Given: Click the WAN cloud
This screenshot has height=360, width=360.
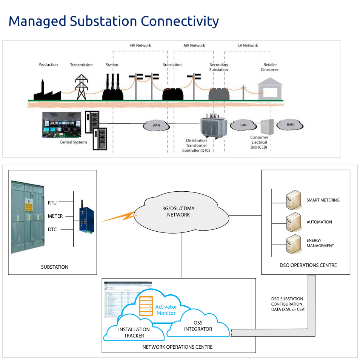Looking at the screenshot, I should (156, 125).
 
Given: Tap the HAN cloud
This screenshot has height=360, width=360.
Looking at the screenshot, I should (290, 124).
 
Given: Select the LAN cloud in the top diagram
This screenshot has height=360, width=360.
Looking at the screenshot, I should (243, 125).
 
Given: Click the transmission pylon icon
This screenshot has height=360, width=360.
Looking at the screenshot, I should (81, 87).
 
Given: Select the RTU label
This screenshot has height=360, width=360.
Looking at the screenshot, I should (52, 203).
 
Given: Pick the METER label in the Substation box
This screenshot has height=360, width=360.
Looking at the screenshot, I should (55, 216).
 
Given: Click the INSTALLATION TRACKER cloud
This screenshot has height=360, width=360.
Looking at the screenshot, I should (134, 331).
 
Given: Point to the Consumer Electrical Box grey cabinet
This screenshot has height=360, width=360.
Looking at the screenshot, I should (269, 127).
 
